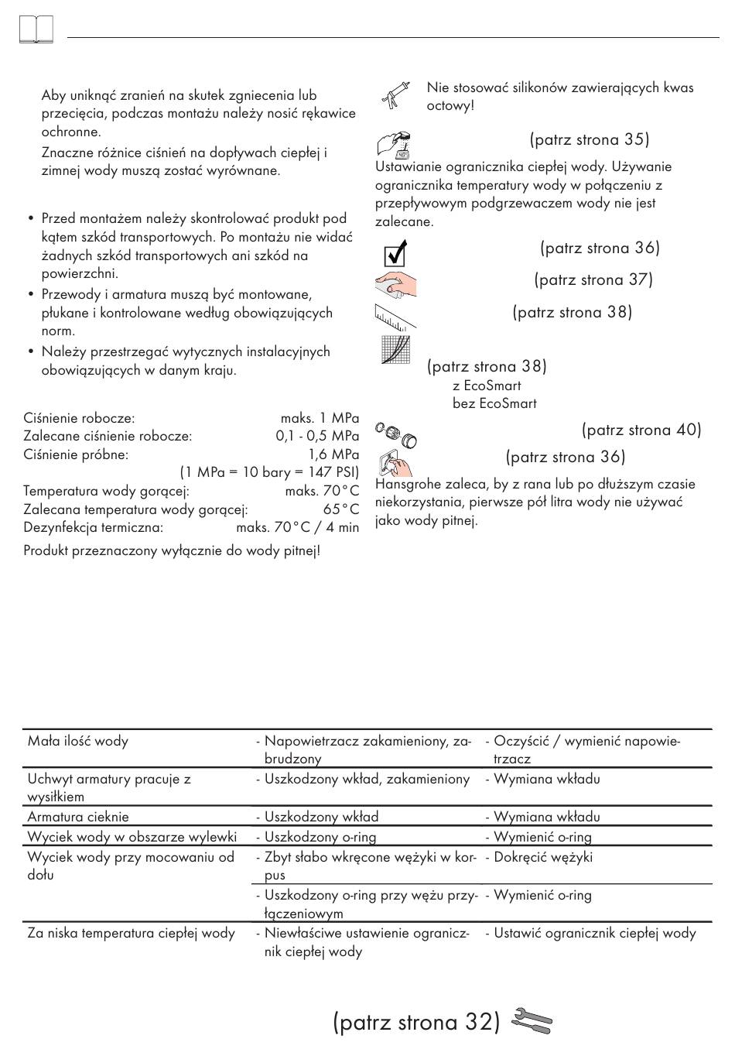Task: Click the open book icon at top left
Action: [35, 30]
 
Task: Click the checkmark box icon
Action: [395, 253]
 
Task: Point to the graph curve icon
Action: [395, 349]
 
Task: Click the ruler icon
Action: [395, 316]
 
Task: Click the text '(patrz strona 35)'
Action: [590, 139]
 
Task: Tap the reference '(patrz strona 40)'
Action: [641, 430]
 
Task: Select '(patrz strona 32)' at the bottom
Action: [417, 1022]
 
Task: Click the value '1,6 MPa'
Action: [333, 454]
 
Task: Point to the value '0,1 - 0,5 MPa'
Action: [317, 436]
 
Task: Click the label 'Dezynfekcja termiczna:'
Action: [94, 527]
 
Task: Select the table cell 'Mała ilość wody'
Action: [78, 741]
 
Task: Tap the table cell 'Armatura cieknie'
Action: [78, 817]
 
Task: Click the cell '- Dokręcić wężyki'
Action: [538, 857]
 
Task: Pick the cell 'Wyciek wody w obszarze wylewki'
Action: [132, 837]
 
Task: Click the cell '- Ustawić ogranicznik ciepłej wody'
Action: [590, 933]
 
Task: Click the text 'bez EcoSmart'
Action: [494, 403]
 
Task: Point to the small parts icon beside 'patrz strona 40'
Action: [396, 434]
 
